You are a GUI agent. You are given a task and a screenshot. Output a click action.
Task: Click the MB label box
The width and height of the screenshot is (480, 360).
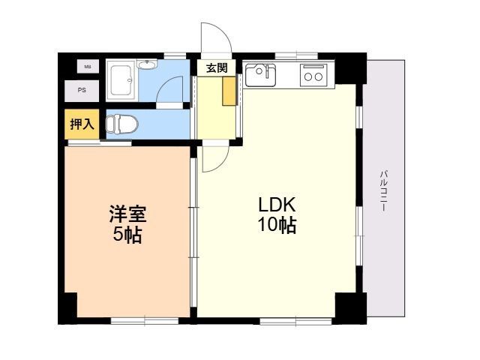tap(88, 67)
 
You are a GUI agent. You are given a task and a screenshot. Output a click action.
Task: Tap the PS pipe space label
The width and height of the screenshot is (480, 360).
tap(82, 91)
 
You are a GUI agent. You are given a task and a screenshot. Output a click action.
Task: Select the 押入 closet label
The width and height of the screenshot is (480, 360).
tap(82, 124)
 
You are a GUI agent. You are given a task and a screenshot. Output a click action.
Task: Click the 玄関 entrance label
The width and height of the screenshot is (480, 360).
tap(217, 68)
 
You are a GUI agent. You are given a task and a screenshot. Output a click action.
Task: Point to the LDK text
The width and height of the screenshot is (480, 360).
tap(277, 205)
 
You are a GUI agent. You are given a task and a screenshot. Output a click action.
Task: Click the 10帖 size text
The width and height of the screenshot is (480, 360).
tap(277, 226)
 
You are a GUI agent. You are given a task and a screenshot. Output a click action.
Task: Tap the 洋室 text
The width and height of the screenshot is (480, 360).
tap(128, 214)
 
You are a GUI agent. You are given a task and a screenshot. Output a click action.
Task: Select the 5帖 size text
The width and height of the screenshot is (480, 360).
tap(127, 235)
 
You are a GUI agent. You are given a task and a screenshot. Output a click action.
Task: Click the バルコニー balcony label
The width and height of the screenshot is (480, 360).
tap(383, 190)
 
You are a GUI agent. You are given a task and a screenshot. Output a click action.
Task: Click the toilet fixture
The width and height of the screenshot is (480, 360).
tap(121, 124)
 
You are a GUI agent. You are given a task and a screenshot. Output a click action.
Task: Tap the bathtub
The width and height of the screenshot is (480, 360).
tap(122, 80)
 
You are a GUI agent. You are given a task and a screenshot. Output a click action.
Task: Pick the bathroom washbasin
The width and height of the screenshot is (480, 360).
tap(147, 64)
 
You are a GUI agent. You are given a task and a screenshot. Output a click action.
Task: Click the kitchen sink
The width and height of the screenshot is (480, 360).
tap(261, 75)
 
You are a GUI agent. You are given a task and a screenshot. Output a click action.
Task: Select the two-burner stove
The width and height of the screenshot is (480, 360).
tap(313, 75)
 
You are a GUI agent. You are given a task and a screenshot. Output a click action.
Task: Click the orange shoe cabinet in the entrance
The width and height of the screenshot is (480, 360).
tap(229, 91)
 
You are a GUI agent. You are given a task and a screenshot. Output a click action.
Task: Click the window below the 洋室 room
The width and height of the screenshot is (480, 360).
tap(145, 321)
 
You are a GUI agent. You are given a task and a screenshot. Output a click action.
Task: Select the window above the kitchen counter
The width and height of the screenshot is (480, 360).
tap(296, 55)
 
